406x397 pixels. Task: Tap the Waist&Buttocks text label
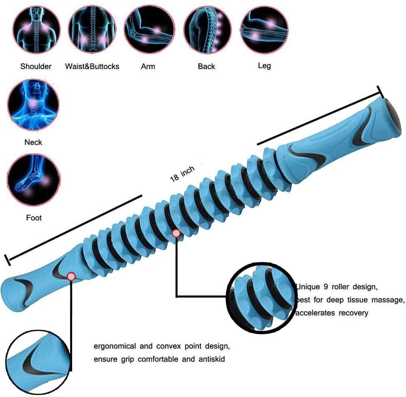92,66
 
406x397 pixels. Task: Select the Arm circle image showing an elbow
148,29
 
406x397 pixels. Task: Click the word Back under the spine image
206,66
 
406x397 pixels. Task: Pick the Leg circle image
264,29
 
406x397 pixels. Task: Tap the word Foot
34,218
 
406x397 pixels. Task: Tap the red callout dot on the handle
71,276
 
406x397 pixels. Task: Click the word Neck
33,142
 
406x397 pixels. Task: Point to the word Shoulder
36,66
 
